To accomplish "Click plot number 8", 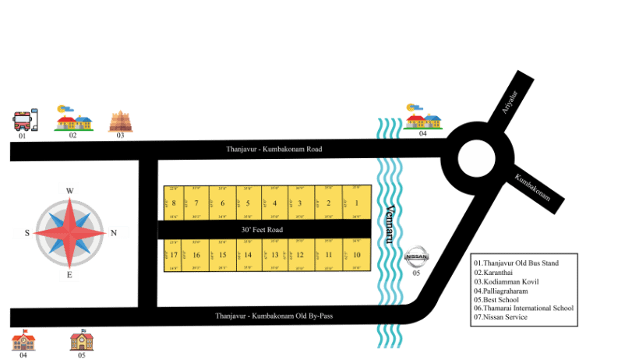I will [173, 204].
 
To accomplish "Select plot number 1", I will [356, 203].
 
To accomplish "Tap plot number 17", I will [174, 255].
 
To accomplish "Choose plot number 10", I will [356, 255].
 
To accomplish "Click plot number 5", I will [248, 204].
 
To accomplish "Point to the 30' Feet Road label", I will [262, 230].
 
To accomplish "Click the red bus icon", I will [25, 120].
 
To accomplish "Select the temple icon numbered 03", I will [120, 121].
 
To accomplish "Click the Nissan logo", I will [416, 256].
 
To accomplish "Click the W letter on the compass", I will [69, 190].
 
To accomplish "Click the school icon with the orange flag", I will [23, 341].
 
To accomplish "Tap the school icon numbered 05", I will [82, 341].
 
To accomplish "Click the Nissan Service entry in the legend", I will [500, 317].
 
